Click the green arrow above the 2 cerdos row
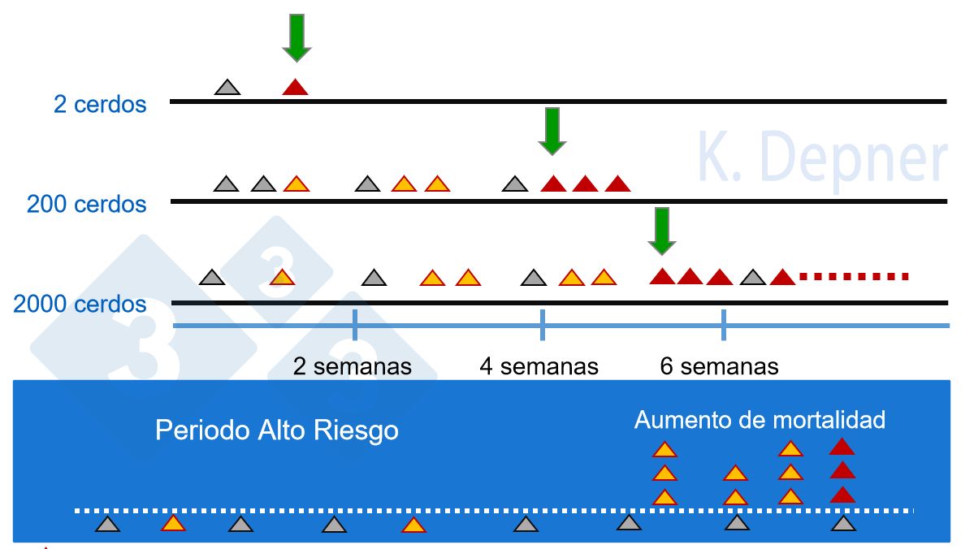(x=297, y=37)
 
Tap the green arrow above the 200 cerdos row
(x=552, y=131)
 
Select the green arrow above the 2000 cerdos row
(x=662, y=230)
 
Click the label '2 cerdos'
(x=100, y=105)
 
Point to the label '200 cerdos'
(x=87, y=204)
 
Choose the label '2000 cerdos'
(x=80, y=305)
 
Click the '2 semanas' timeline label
(x=353, y=366)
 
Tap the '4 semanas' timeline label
(x=539, y=366)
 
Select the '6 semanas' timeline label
(x=720, y=366)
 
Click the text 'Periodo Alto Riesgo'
(x=277, y=430)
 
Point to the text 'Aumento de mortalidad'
(x=760, y=420)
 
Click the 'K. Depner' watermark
(x=822, y=159)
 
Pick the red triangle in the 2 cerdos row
(x=295, y=87)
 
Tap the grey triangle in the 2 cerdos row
(x=227, y=87)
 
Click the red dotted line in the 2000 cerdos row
(x=853, y=277)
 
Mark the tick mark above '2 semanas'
(x=355, y=325)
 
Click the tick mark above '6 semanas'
(x=723, y=325)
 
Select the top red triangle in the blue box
(x=842, y=446)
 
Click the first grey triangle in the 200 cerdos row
(x=227, y=184)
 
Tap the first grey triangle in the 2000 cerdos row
(x=212, y=278)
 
